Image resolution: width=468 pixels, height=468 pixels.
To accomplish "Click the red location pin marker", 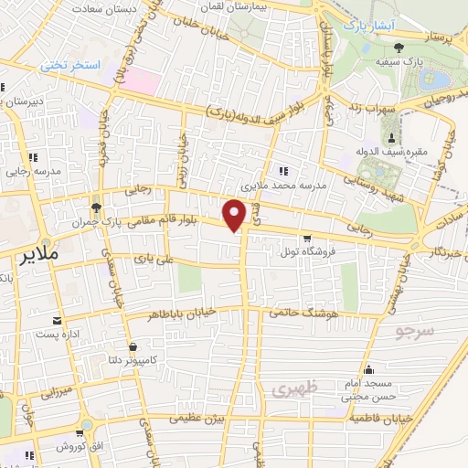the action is (x=237, y=214).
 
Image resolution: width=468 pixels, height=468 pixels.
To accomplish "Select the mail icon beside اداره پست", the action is (x=58, y=321).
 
